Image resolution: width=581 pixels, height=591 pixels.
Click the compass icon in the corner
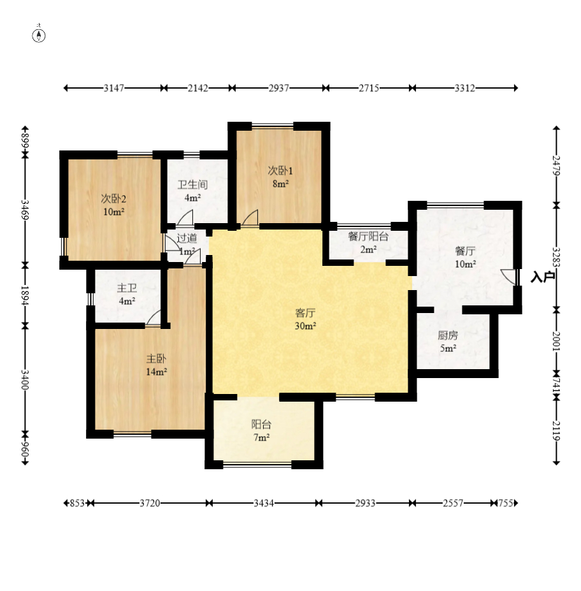[x=39, y=35]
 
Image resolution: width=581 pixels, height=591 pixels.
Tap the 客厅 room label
[x=305, y=313]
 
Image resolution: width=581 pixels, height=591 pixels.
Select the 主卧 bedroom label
[x=156, y=358]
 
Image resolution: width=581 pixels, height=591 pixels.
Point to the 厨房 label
[x=448, y=335]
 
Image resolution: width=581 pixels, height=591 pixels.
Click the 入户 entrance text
[x=543, y=277]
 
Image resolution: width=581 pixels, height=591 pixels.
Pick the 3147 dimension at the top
[x=113, y=88]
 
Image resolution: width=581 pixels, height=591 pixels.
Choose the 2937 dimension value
[x=278, y=88]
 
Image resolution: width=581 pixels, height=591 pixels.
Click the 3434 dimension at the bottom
[x=264, y=503]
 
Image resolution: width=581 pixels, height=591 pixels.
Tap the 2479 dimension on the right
[x=557, y=166]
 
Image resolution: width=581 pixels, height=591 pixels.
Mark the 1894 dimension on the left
[x=25, y=295]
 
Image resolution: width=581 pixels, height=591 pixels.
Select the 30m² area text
[x=305, y=326]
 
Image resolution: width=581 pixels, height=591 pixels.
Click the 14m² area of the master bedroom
[x=157, y=372]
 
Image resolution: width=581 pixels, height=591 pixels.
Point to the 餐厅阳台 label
[x=368, y=237]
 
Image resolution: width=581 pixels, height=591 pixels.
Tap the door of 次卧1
[x=250, y=217]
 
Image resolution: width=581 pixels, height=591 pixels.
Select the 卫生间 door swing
[x=185, y=217]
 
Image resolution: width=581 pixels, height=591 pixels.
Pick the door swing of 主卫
[x=154, y=317]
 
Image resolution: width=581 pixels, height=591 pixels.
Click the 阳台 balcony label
[x=261, y=425]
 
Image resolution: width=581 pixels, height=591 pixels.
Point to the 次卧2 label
[x=113, y=199]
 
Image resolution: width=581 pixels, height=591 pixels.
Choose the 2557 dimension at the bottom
[x=453, y=503]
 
